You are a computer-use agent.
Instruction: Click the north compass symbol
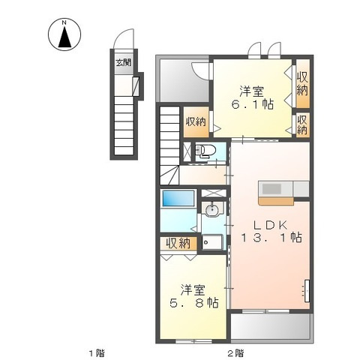tap(64, 34)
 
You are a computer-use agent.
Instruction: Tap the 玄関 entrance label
tap(123, 62)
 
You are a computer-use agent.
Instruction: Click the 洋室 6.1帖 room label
tap(252, 97)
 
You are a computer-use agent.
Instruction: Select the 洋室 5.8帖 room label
tap(193, 296)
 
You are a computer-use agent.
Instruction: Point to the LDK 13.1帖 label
tap(271, 231)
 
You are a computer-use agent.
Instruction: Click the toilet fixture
tap(204, 151)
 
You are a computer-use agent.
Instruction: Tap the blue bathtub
tap(178, 198)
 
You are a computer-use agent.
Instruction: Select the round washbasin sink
tap(212, 209)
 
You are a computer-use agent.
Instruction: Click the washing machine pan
tap(212, 242)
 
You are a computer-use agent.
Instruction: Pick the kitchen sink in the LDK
tap(272, 188)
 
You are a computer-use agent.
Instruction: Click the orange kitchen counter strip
tap(276, 202)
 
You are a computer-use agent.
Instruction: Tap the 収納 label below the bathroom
tap(178, 243)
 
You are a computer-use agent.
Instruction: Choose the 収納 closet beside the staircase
tap(196, 121)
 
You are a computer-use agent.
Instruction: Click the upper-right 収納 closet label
tap(302, 83)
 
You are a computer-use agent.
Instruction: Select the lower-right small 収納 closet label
tap(302, 124)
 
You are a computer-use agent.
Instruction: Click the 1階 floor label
tap(97, 353)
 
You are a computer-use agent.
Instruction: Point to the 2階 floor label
tap(235, 353)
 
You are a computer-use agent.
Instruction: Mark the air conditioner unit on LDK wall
tap(307, 291)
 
